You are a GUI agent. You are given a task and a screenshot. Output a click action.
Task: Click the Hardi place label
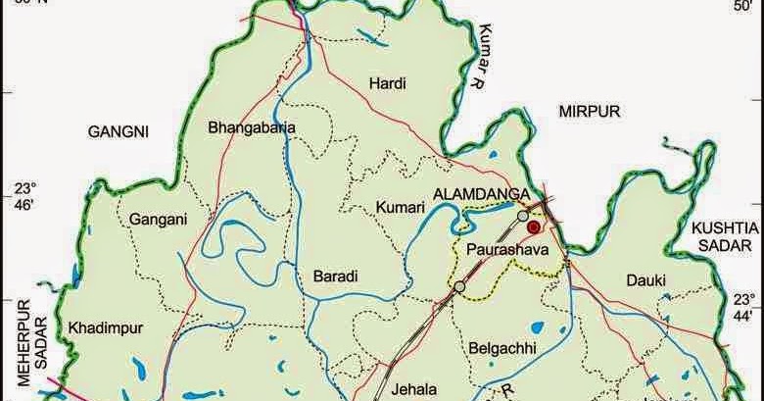(387, 83)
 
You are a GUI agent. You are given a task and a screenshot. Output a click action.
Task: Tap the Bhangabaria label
(252, 126)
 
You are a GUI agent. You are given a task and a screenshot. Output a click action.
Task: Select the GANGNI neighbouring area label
(117, 130)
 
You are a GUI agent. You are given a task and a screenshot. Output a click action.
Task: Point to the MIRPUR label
(590, 113)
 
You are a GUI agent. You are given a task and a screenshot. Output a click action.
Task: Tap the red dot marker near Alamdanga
(534, 226)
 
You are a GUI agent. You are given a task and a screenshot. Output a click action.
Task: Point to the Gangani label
(157, 220)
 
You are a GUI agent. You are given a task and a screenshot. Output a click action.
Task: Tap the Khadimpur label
(100, 326)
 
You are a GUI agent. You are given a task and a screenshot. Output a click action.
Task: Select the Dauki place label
(646, 280)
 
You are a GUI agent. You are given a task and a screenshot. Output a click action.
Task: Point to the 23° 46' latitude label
(23, 196)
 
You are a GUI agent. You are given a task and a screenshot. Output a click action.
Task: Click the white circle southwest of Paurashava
(459, 286)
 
